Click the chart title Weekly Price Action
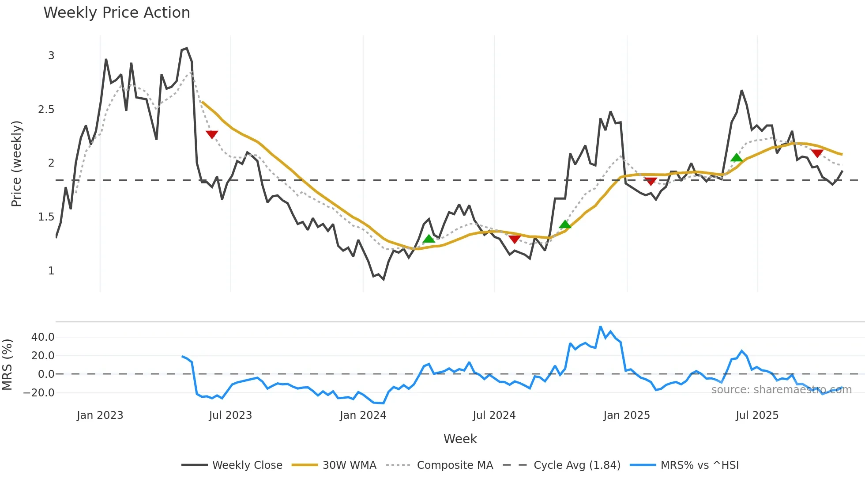coord(117,13)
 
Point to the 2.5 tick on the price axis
coord(46,110)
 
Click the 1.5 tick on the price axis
coord(46,217)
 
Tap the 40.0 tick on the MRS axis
coord(43,337)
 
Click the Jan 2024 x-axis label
coord(363,415)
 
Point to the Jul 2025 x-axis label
coord(757,415)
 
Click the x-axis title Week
coord(460,439)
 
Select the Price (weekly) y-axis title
coord(16,164)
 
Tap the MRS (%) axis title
coord(8,365)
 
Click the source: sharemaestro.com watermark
coord(781,390)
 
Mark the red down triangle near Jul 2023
coord(212,134)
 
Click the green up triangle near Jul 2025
coord(736,158)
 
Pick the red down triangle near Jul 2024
coord(515,239)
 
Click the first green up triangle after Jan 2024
coord(429,239)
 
